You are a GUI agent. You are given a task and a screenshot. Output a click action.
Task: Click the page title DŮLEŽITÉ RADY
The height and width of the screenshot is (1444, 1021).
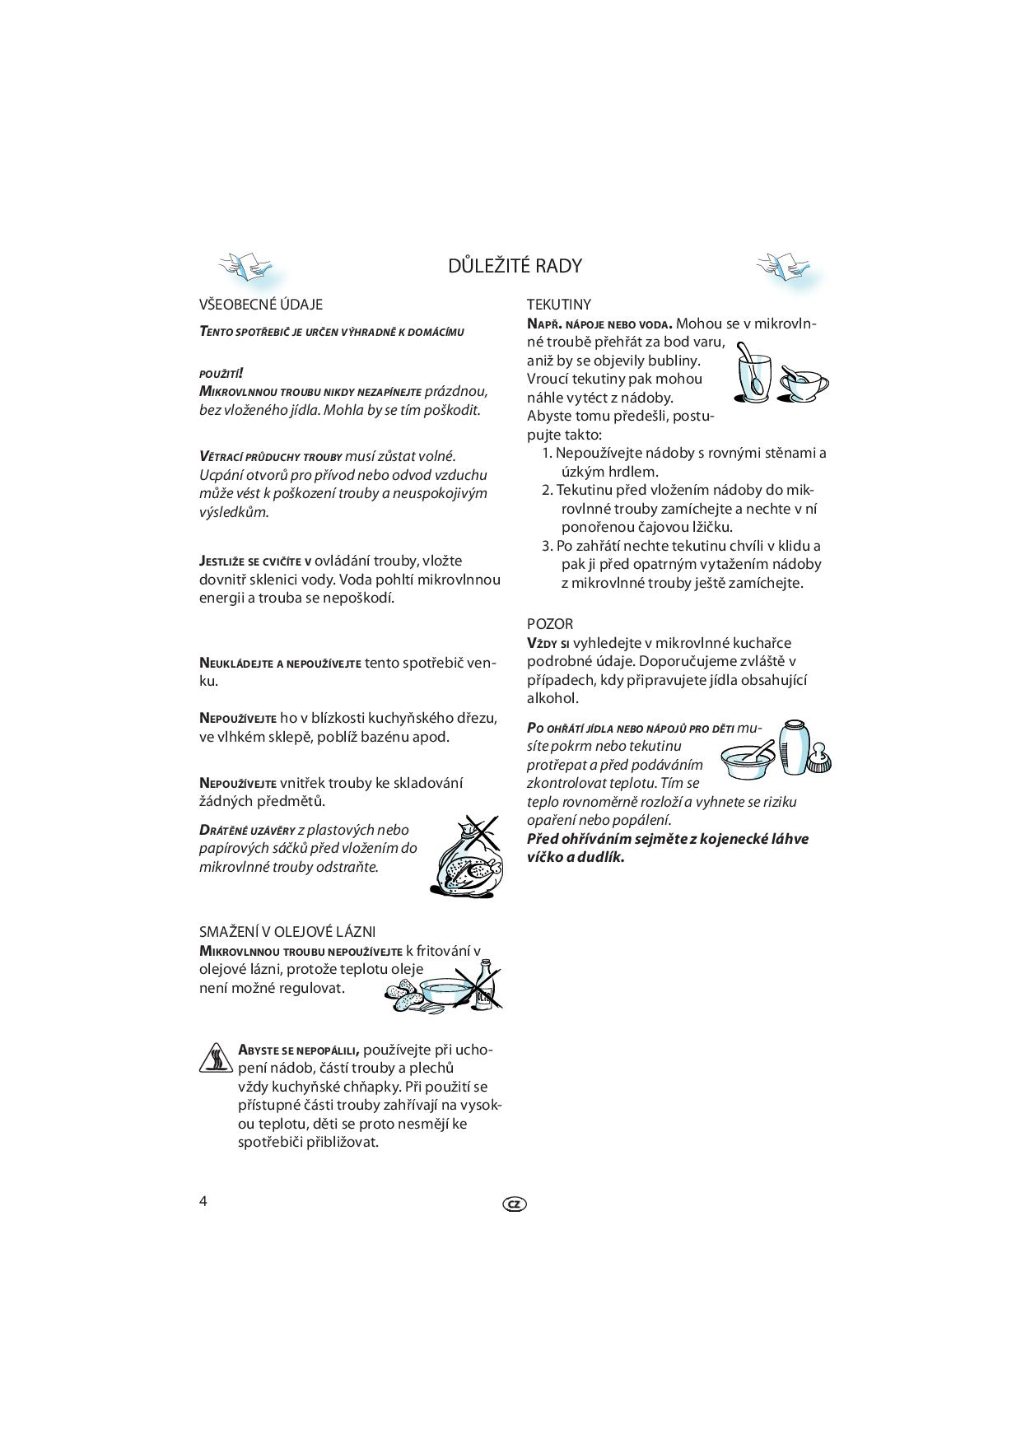click(x=515, y=266)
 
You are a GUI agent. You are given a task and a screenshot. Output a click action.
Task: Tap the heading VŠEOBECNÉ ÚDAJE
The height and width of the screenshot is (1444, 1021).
click(x=260, y=305)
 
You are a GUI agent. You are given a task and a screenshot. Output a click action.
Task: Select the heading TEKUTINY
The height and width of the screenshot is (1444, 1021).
click(x=558, y=305)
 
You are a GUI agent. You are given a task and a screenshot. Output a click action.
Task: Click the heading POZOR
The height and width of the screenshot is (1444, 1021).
click(x=549, y=624)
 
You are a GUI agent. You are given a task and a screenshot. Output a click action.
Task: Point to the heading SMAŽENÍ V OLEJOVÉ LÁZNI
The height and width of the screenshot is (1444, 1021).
click(x=287, y=931)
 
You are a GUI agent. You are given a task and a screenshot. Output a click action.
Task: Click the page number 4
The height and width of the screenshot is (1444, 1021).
click(x=203, y=1200)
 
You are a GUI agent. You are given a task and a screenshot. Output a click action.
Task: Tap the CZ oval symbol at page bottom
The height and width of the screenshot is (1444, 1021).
click(x=514, y=1204)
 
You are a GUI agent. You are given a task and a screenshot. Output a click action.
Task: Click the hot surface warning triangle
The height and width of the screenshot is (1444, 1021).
click(x=216, y=1058)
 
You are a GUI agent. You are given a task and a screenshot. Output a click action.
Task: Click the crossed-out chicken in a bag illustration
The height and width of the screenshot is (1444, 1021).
click(x=467, y=856)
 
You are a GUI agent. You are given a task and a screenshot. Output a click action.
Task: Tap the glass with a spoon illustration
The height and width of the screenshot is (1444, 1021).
click(x=753, y=375)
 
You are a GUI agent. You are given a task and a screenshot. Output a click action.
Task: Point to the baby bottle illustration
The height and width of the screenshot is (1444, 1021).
click(x=793, y=745)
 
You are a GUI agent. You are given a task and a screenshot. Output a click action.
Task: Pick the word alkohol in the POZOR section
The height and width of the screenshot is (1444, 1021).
click(x=552, y=698)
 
